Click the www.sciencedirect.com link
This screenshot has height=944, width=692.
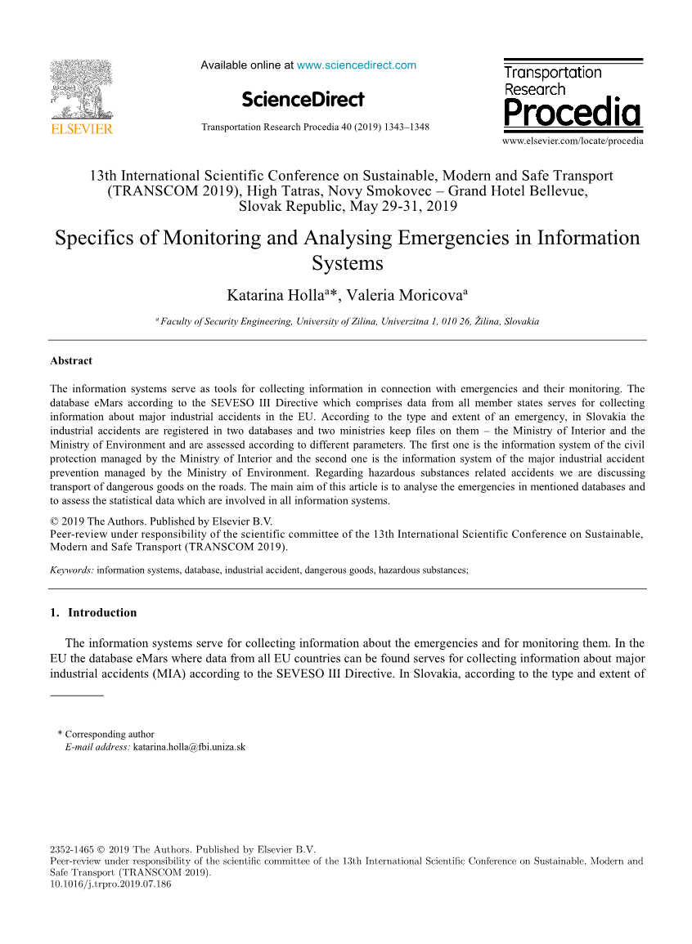point(356,65)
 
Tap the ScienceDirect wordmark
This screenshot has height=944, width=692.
point(303,100)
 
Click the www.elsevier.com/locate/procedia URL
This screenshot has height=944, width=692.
point(573,141)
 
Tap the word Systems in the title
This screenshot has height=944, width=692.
point(347,264)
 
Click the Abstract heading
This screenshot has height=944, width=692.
point(71,361)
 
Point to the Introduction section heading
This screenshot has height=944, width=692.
point(101,613)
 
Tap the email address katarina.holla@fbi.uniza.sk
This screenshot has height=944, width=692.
point(189,747)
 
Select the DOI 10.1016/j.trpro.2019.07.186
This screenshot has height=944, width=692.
point(110,884)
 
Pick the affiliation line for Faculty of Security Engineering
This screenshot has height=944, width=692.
point(347,322)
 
